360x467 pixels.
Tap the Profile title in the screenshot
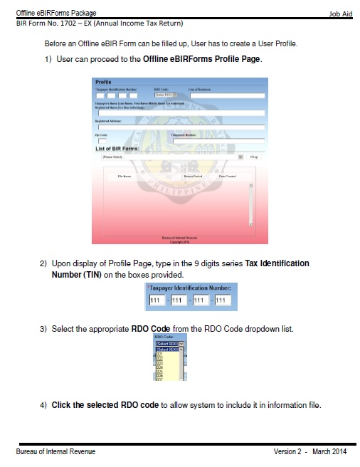pos(103,83)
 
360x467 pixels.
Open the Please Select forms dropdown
pos(171,157)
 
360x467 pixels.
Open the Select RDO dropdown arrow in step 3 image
pos(181,344)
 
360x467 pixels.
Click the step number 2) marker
pos(43,263)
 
